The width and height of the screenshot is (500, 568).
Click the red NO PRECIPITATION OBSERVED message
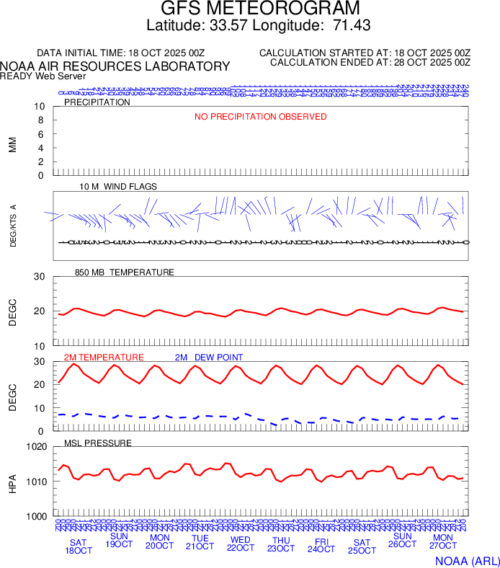(260, 117)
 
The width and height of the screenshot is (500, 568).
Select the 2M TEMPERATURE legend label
(104, 358)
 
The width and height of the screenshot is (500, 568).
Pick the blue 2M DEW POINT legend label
(209, 358)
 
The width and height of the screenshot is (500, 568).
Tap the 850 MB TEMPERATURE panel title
(125, 272)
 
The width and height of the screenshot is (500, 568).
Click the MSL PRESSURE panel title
(98, 443)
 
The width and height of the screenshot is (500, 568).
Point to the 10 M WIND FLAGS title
(118, 187)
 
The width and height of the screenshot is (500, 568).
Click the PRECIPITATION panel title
(97, 102)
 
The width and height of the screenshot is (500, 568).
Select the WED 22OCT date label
(240, 543)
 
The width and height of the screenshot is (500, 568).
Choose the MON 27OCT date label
(442, 542)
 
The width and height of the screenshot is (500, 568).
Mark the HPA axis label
(12, 482)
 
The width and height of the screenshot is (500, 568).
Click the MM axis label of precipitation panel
(12, 145)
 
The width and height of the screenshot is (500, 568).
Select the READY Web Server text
(43, 76)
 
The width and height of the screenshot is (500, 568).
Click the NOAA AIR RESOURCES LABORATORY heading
(115, 66)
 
